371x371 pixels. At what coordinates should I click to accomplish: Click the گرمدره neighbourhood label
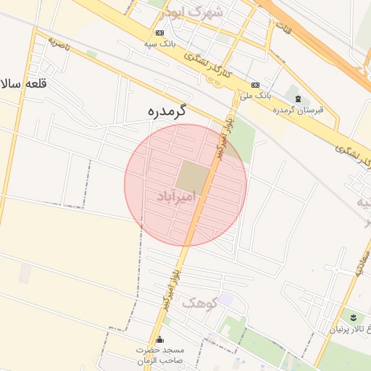pos(167,111)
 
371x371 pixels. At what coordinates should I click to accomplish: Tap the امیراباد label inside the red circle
pos(175,196)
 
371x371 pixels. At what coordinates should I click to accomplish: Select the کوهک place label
pos(199,303)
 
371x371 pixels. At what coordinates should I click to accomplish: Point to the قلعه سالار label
pos(23,83)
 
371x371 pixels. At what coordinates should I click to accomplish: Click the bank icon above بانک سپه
pos(159,33)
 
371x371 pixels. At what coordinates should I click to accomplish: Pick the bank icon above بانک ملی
pos(254,84)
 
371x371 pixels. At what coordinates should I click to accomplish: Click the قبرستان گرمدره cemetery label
pos(298,109)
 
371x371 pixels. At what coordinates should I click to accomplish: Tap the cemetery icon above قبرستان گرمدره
pos(297,98)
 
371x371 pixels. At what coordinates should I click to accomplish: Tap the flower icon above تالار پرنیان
pos(353,317)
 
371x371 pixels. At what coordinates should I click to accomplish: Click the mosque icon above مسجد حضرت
pos(160,340)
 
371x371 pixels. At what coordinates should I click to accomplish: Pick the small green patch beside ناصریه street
pos(91,54)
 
